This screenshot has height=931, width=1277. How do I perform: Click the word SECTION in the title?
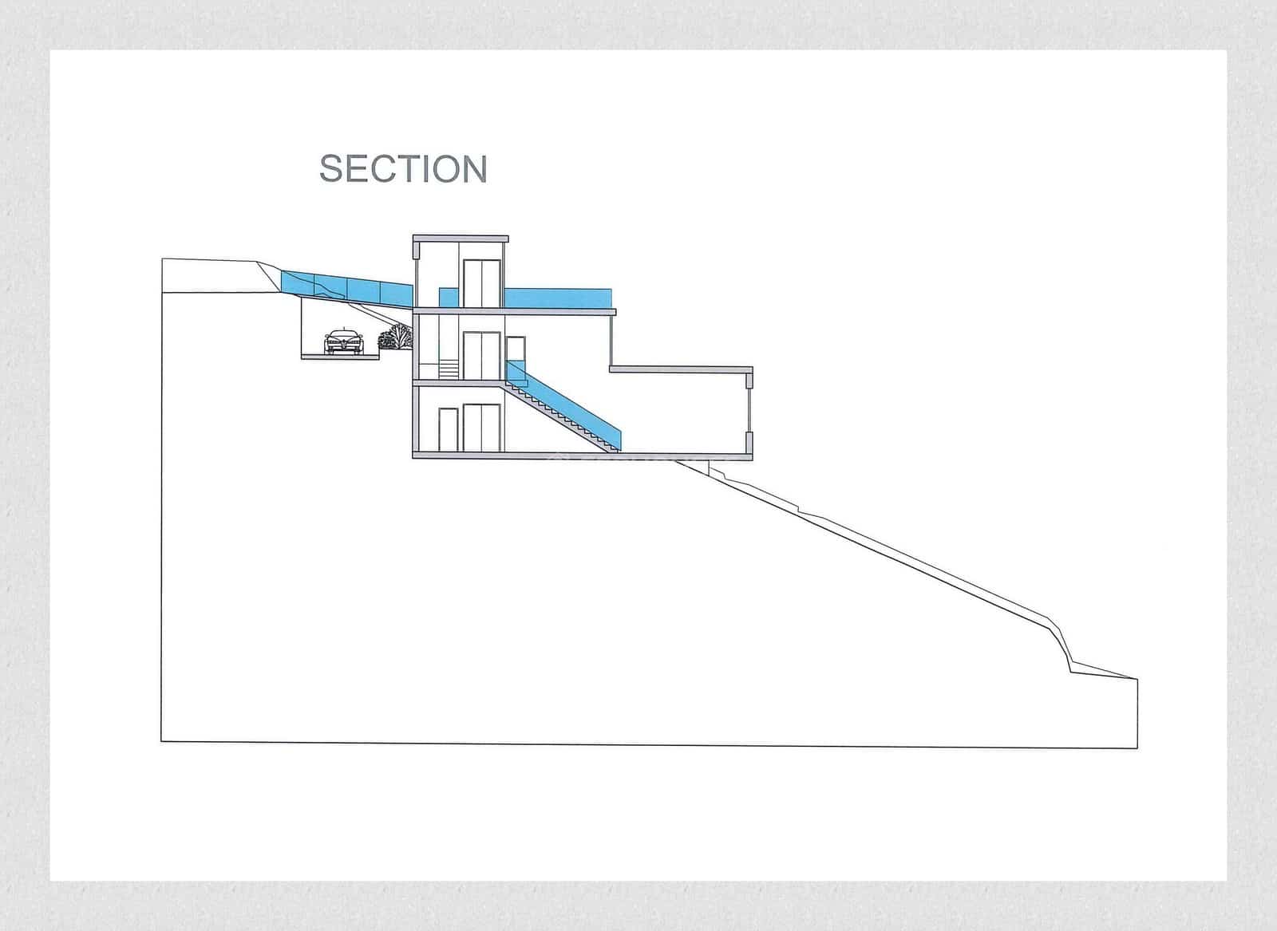pos(403,169)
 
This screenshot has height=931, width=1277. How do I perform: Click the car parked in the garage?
pos(343,341)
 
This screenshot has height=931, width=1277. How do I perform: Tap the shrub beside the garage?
pos(395,337)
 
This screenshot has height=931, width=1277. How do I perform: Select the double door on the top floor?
pos(482,283)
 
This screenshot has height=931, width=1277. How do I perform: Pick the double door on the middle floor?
pos(482,357)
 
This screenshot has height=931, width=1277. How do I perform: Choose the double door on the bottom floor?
pos(482,428)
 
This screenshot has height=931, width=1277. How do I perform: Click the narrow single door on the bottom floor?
pos(449,429)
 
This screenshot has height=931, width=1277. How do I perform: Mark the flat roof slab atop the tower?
pos(461,238)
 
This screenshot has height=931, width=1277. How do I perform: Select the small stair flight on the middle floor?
pos(450,369)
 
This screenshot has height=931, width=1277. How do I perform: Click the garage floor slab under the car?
pos(339,357)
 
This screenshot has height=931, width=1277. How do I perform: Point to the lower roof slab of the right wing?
pos(681,369)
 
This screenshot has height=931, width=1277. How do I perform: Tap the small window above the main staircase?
pos(516,349)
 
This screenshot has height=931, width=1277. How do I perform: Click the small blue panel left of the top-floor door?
pos(448,297)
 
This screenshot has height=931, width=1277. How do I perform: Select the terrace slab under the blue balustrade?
pos(515,311)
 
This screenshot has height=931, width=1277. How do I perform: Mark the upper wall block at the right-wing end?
pos(749,381)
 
